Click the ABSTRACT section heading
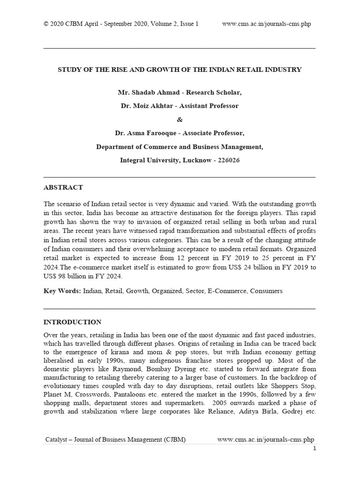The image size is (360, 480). coord(63,187)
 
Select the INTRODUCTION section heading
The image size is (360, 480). coord(72,322)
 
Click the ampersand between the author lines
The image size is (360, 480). coord(180,120)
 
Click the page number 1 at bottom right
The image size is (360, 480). coord(315,449)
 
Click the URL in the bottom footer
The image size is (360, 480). coord(266,440)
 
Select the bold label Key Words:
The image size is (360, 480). coord(62,291)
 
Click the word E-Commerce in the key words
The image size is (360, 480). coord(227,291)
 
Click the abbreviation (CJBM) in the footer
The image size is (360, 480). coord(174,440)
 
